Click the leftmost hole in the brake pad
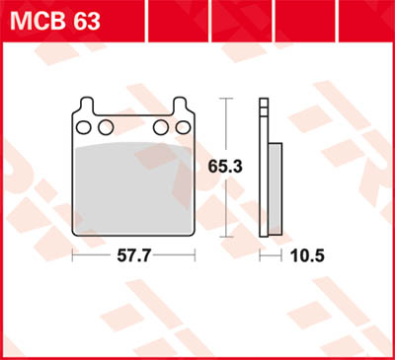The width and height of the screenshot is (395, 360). point(83,127)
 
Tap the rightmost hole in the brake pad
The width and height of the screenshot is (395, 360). point(182,127)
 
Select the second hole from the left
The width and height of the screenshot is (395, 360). point(104,127)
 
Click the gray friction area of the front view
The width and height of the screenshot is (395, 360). point(132,187)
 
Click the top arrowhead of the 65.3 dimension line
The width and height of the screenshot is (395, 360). point(229,103)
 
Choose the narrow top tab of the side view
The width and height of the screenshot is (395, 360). point(263,108)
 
